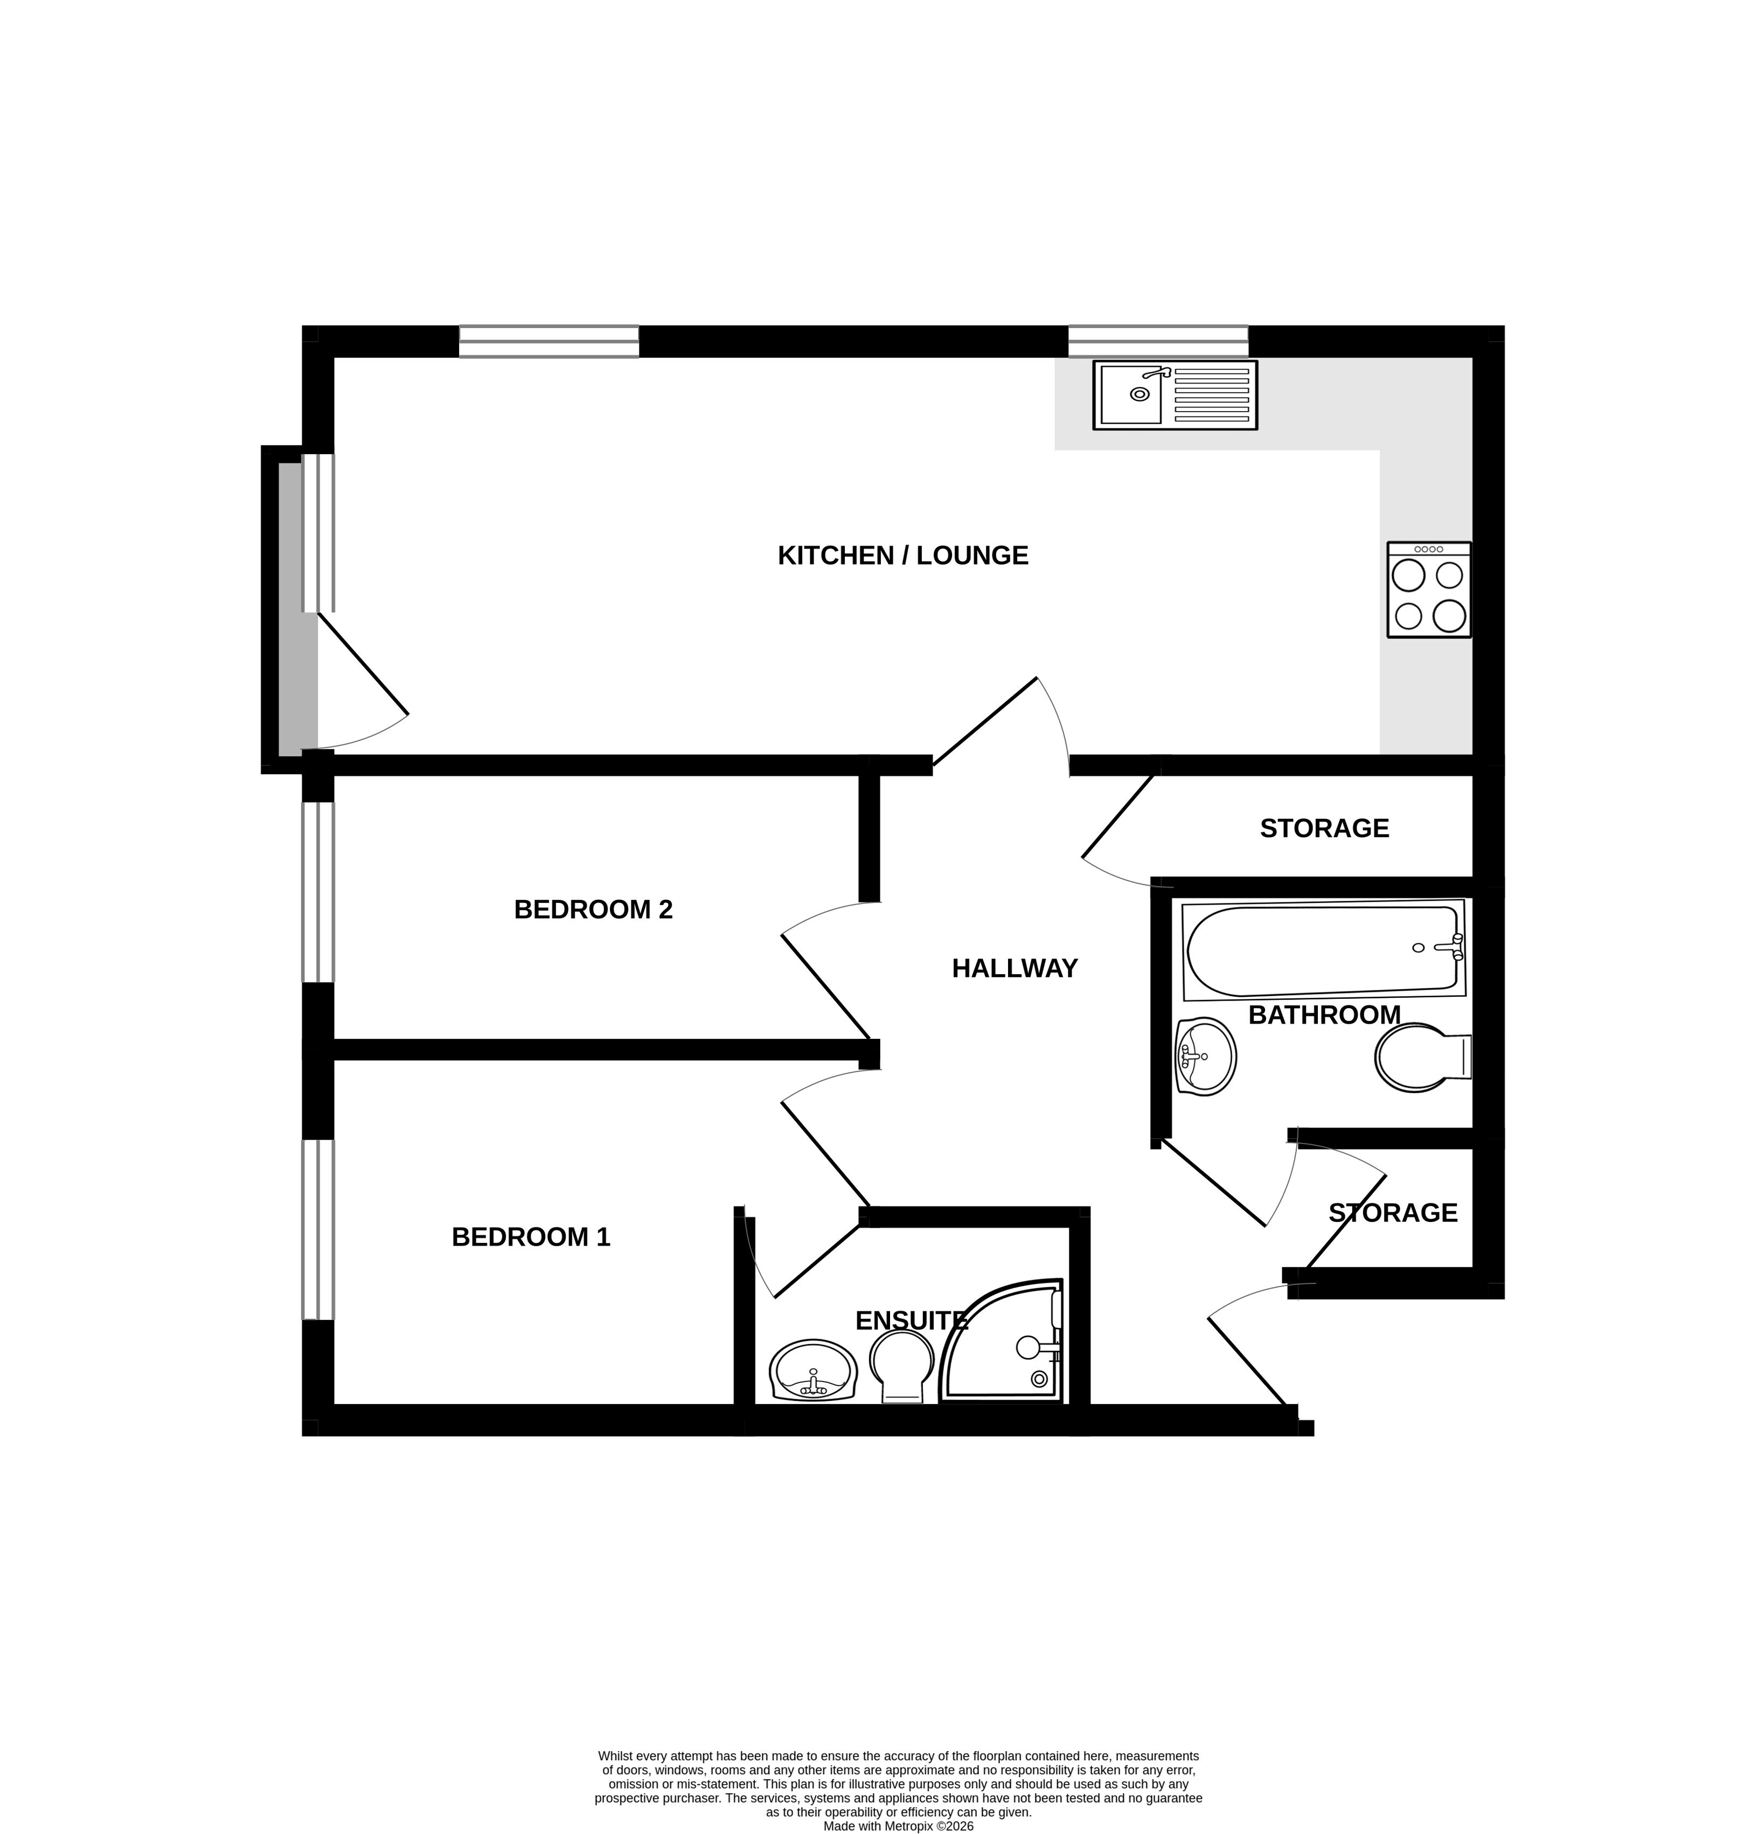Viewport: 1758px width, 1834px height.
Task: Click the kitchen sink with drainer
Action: [1174, 395]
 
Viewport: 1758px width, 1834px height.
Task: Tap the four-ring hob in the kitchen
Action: [1429, 589]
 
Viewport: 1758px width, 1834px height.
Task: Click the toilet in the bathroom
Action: [1423, 1058]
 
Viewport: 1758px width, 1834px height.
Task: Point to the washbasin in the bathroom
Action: [1205, 1057]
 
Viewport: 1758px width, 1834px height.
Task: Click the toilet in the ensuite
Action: [902, 1367]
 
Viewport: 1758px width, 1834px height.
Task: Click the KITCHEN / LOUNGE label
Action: [903, 556]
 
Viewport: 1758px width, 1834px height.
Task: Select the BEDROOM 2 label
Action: [593, 909]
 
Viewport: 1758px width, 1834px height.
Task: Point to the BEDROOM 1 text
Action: [531, 1237]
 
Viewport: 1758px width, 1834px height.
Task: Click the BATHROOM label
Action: [1324, 1015]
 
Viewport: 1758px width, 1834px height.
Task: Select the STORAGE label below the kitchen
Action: [1324, 828]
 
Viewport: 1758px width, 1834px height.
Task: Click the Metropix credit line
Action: [898, 1825]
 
